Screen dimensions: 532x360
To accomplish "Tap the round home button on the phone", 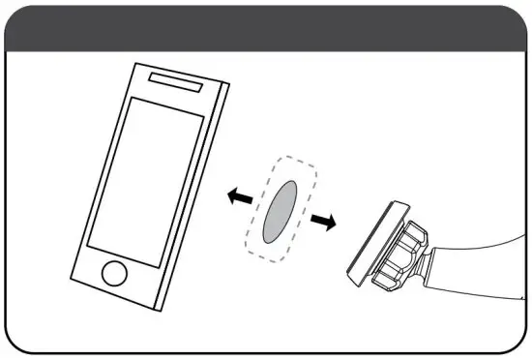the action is click(x=115, y=272).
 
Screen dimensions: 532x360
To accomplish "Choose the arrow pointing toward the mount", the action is click(x=325, y=222).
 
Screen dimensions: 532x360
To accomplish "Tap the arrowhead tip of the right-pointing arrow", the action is click(x=337, y=224).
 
